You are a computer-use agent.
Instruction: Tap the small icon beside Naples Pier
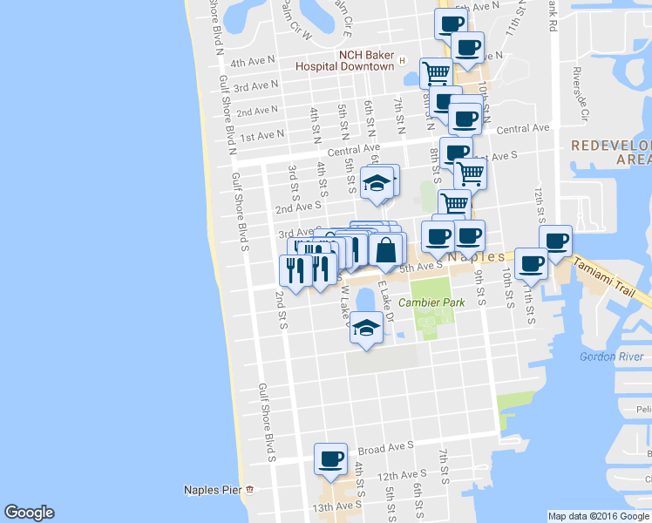click(x=249, y=490)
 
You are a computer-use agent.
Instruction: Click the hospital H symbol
click(x=402, y=60)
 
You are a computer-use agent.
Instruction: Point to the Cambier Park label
click(x=431, y=302)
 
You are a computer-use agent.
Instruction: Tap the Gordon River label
click(x=611, y=357)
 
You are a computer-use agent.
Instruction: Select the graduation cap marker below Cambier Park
click(x=366, y=328)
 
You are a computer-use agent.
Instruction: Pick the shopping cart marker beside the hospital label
click(x=435, y=71)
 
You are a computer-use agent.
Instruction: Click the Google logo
click(x=29, y=513)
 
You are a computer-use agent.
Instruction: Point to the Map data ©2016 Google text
click(x=599, y=516)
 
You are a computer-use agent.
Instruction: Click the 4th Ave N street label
click(x=252, y=63)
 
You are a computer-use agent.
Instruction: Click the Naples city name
click(x=476, y=258)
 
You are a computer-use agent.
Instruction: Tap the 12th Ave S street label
click(x=402, y=475)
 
